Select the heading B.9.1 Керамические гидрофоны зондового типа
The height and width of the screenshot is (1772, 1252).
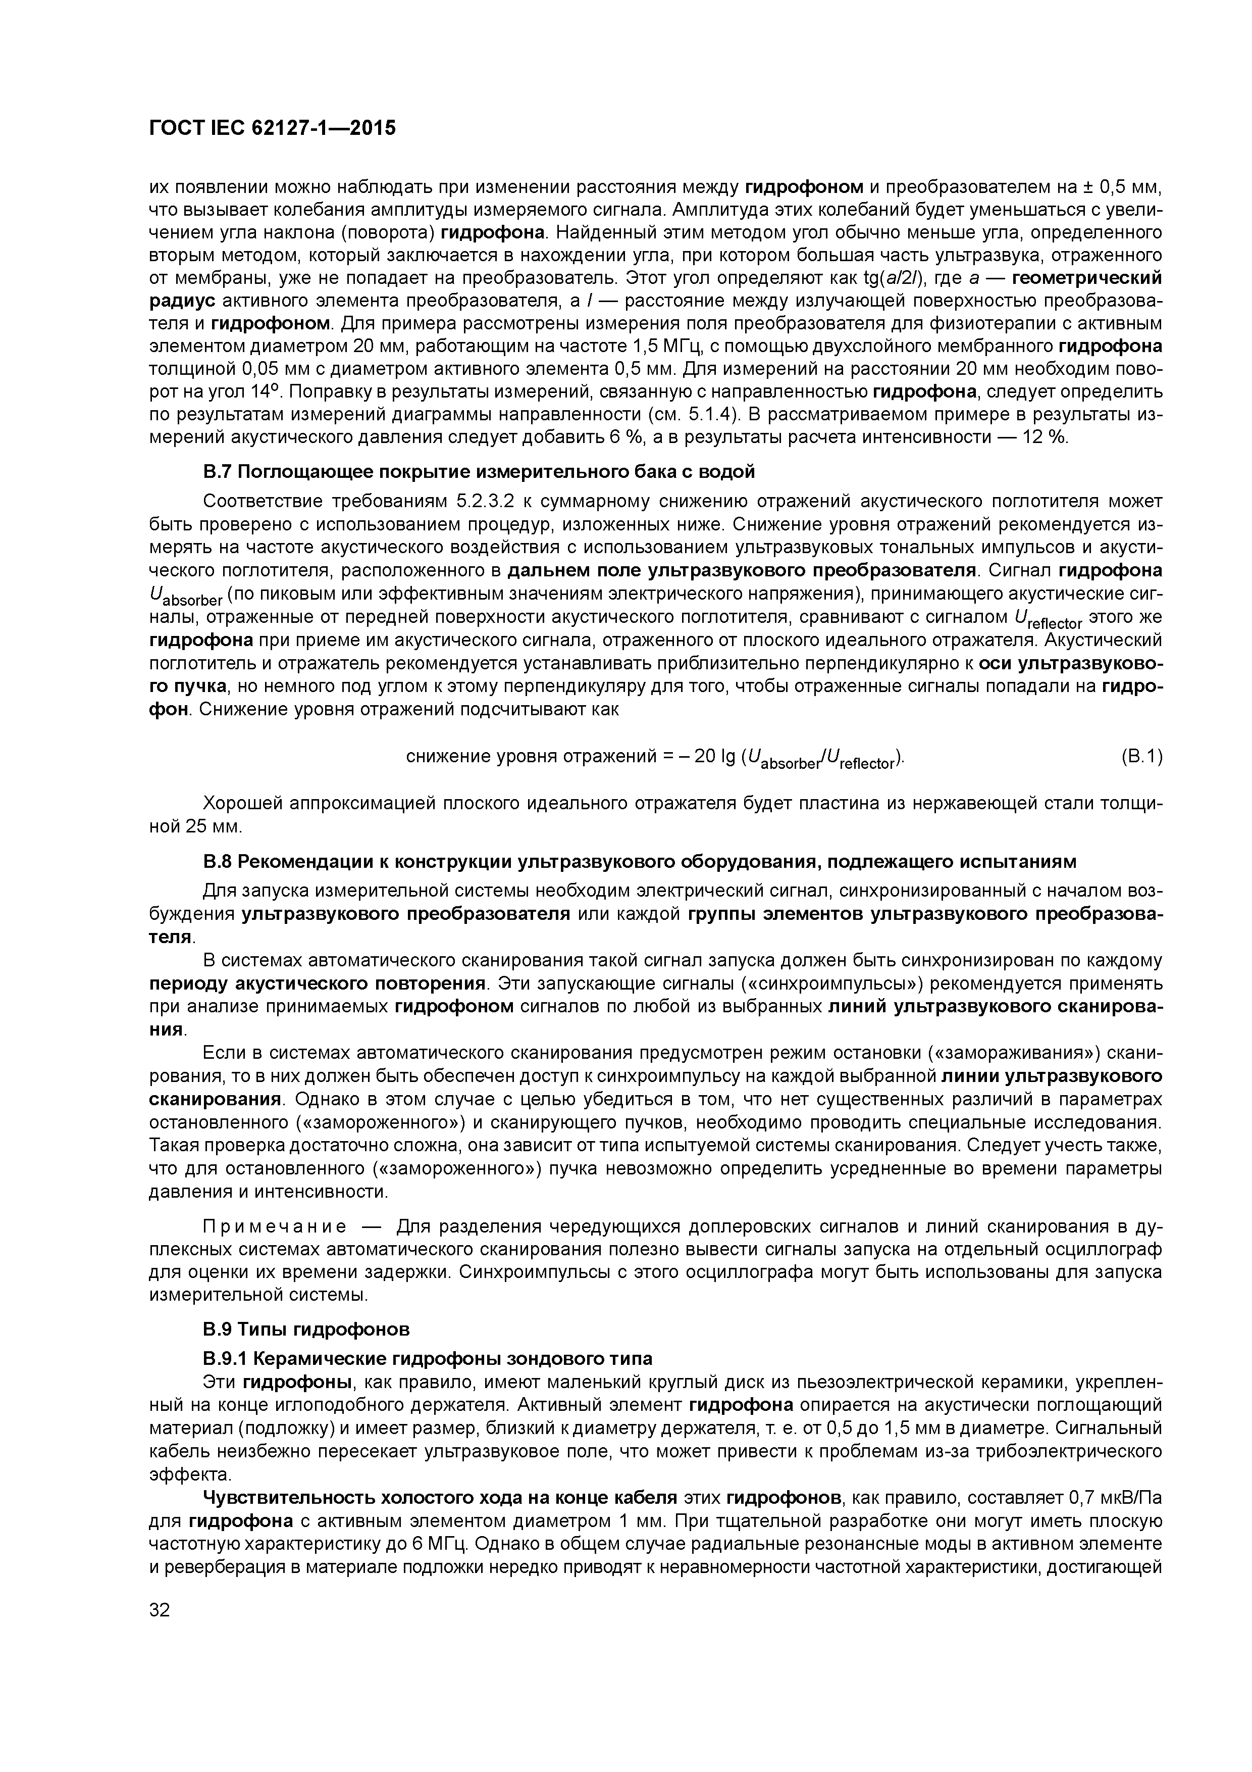point(428,1358)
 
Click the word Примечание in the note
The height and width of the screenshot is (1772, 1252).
point(274,1227)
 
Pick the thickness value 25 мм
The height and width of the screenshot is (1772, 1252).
point(215,826)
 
